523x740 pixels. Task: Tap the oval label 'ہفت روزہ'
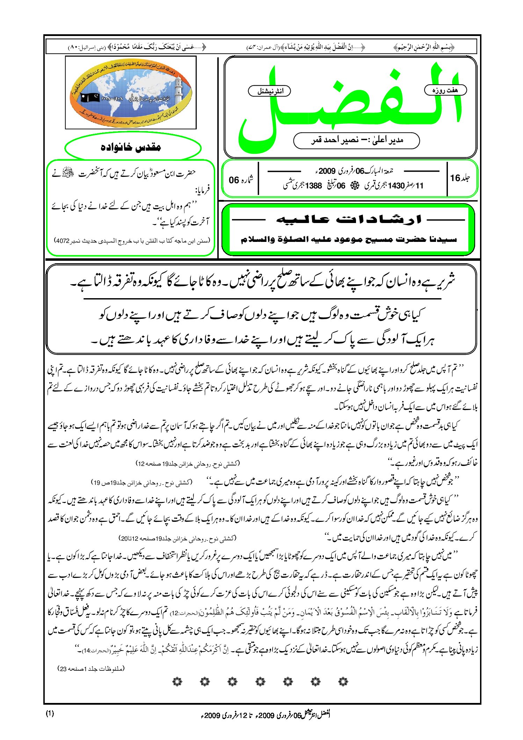click(445, 90)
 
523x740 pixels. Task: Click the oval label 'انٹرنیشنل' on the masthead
click(269, 91)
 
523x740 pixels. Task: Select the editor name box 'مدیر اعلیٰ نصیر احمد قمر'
click(356, 141)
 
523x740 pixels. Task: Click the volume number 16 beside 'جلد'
click(455, 178)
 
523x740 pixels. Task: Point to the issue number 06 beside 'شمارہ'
click(234, 180)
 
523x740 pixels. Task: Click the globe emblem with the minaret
click(131, 93)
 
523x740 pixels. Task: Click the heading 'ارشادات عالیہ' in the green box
click(348, 220)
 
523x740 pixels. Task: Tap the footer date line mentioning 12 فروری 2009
click(266, 715)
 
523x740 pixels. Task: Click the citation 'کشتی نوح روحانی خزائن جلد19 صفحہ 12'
click(188, 464)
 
